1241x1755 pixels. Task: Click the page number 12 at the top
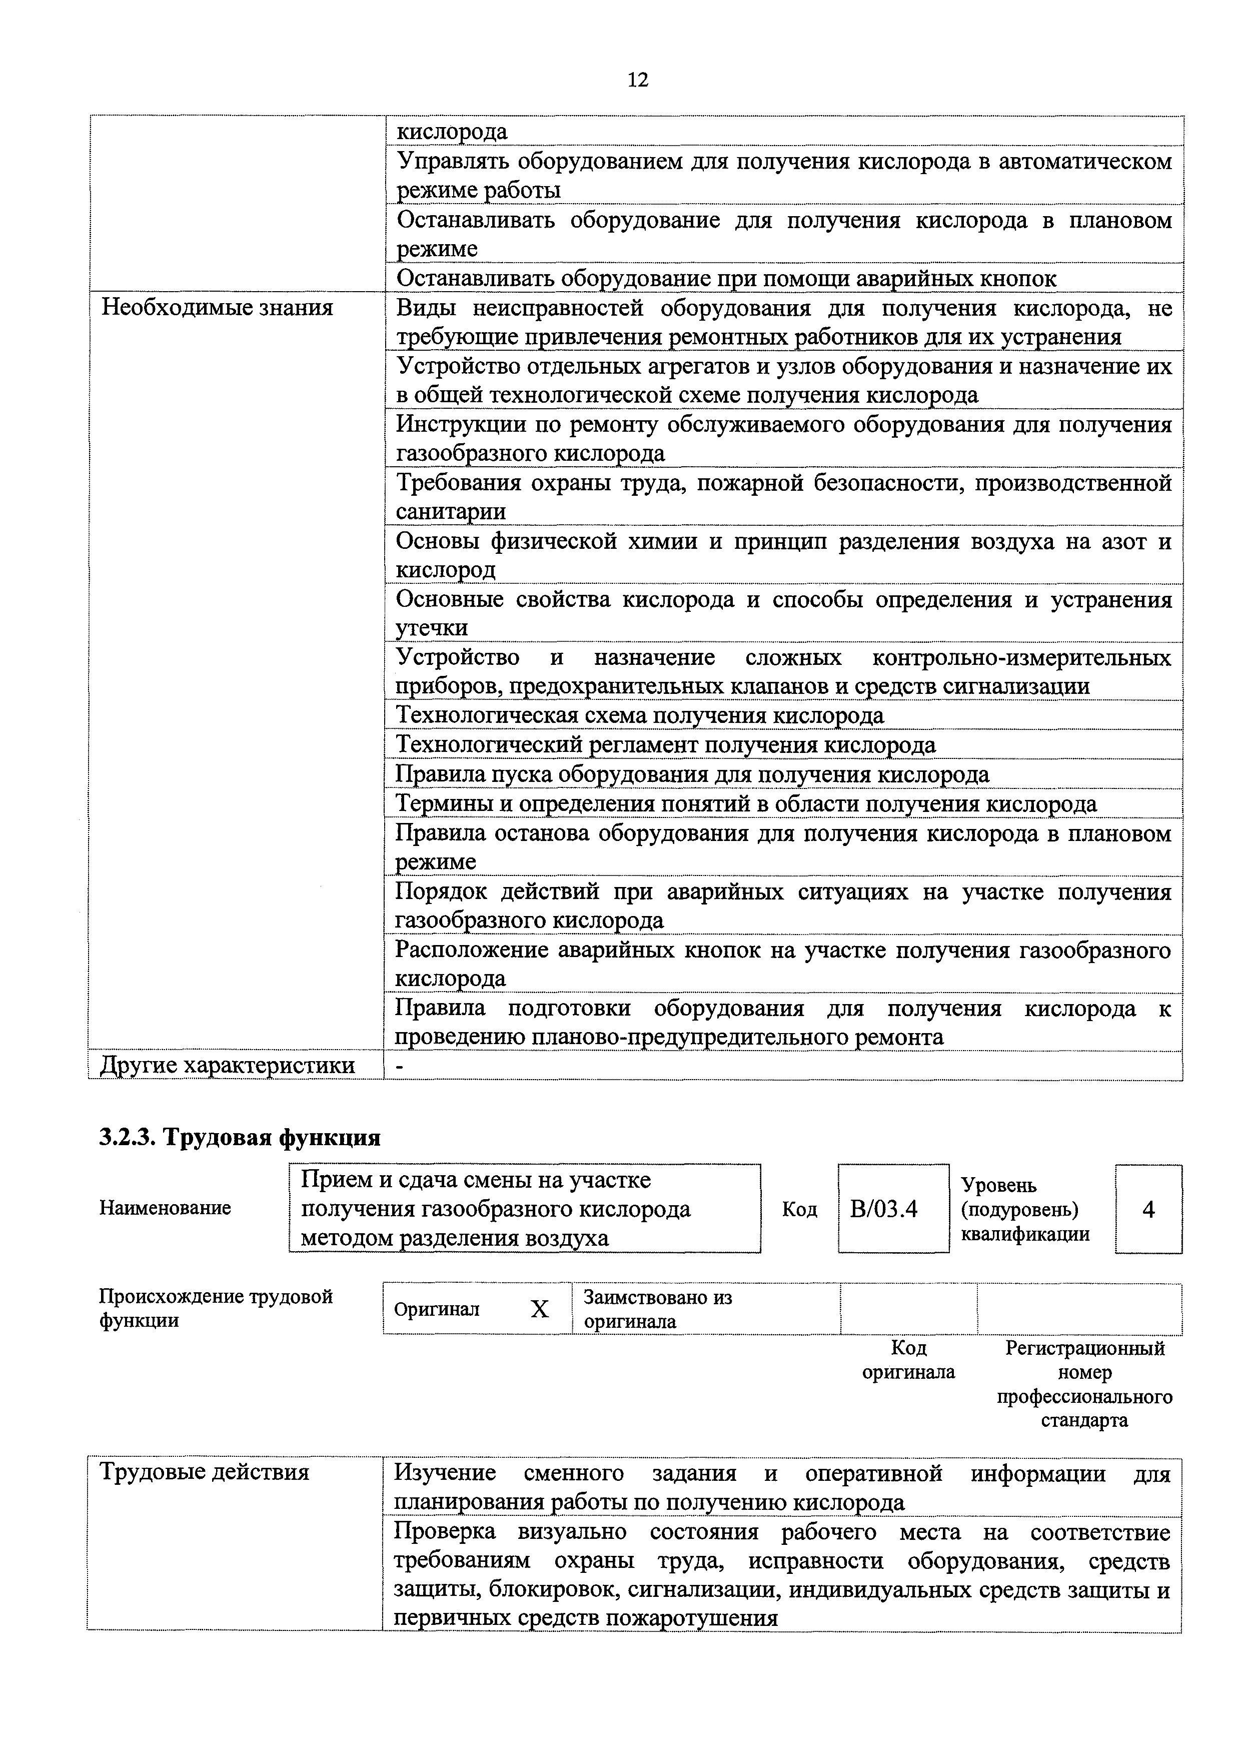tap(637, 80)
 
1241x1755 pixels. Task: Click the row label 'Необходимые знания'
tap(218, 308)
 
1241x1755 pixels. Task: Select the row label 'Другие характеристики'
tap(228, 1066)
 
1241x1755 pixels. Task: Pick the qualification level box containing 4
tap(1148, 1209)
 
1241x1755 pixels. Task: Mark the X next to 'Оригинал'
tap(540, 1309)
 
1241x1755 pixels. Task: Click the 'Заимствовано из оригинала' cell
tap(657, 1309)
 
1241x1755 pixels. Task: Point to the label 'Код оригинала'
tap(908, 1360)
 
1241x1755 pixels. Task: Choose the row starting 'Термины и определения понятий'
tap(746, 803)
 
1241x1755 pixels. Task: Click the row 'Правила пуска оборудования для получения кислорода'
tap(692, 774)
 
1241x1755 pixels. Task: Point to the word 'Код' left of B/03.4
tap(799, 1209)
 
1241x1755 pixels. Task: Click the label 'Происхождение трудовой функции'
tap(216, 1309)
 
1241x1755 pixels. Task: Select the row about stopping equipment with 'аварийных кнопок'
tap(726, 278)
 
